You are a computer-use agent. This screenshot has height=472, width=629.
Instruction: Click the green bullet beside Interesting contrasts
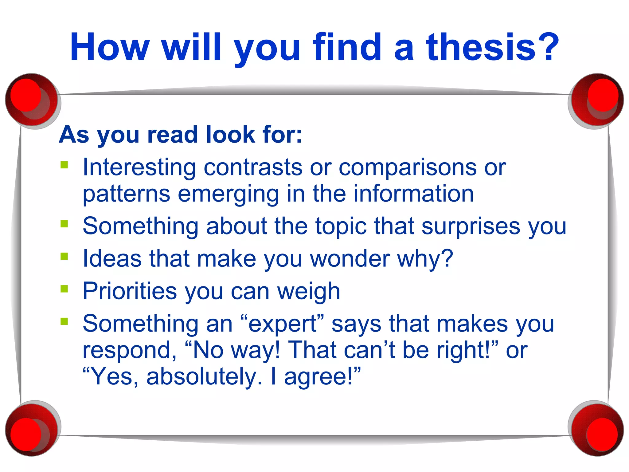point(64,165)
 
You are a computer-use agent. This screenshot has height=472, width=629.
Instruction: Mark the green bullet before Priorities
point(64,289)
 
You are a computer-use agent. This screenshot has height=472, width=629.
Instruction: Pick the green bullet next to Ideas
point(64,256)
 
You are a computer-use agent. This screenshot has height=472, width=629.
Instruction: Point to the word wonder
point(350,259)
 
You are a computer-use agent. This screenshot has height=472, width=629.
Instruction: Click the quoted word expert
point(283,324)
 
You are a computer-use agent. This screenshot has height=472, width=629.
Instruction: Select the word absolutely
point(204,377)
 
